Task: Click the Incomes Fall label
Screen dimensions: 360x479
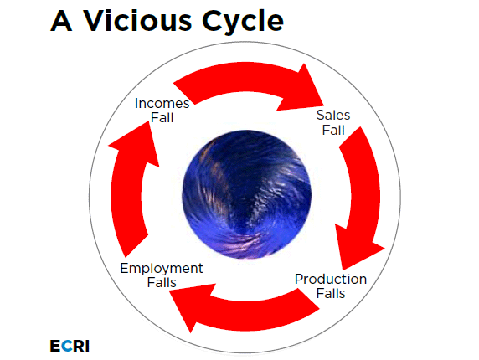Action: pyautogui.click(x=162, y=110)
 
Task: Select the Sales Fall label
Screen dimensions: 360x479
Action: pyautogui.click(x=332, y=123)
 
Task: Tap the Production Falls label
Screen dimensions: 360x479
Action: pyautogui.click(x=330, y=285)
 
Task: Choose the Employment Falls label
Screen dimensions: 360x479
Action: pyautogui.click(x=162, y=275)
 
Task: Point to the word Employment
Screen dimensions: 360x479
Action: pyautogui.click(x=162, y=268)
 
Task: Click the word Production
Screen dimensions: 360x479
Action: pyautogui.click(x=330, y=279)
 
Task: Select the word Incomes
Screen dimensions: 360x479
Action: pyautogui.click(x=162, y=103)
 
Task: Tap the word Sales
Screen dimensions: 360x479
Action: pyautogui.click(x=332, y=116)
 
